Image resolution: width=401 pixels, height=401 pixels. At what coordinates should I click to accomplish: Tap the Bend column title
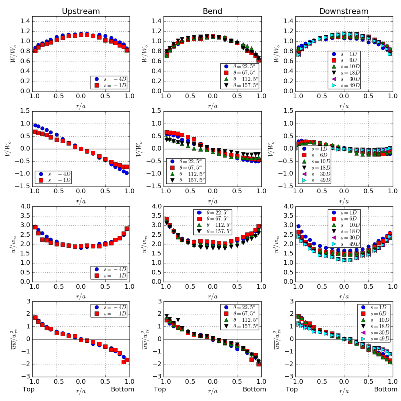[213, 11]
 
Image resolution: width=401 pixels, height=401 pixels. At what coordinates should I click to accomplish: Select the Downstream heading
[344, 11]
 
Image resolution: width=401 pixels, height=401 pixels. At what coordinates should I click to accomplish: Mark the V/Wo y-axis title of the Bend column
[141, 149]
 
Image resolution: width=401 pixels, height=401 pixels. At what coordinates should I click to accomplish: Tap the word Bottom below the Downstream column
[386, 390]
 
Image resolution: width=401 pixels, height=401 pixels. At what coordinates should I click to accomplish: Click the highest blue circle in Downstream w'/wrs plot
[299, 226]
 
